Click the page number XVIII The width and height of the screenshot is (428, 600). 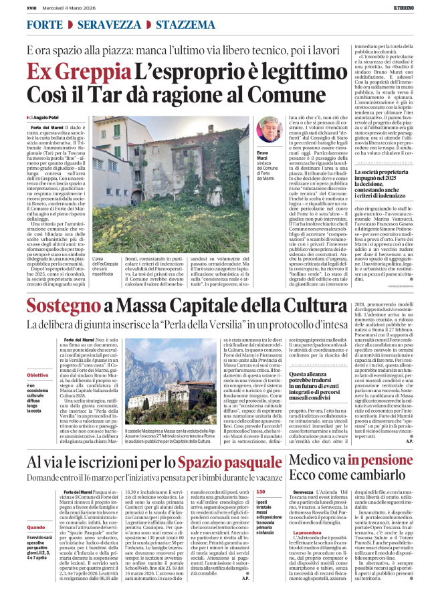(32, 9)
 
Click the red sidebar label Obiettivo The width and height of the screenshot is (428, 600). (37, 375)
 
